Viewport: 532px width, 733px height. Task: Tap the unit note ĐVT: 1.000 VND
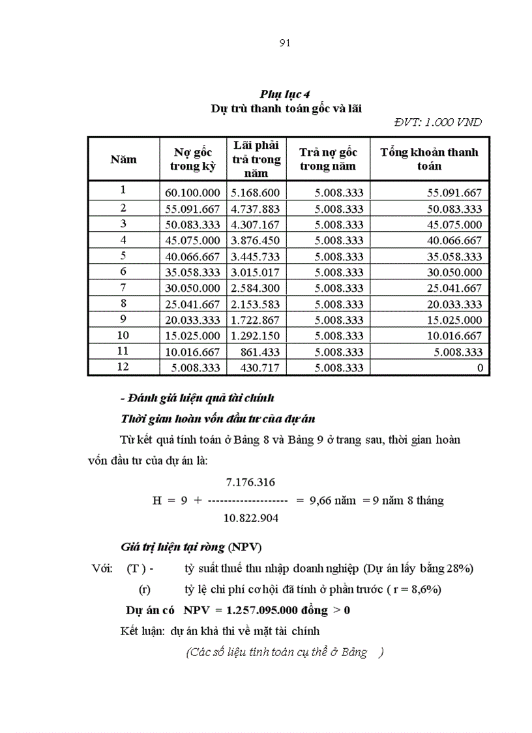click(438, 122)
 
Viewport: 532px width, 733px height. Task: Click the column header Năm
click(123, 159)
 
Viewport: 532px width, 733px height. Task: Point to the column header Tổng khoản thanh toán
click(429, 159)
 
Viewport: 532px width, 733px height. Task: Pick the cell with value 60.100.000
click(193, 193)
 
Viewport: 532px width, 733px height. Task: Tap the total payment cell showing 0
click(480, 368)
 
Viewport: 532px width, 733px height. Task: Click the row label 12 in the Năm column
click(123, 367)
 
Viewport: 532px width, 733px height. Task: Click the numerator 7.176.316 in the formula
click(250, 483)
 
